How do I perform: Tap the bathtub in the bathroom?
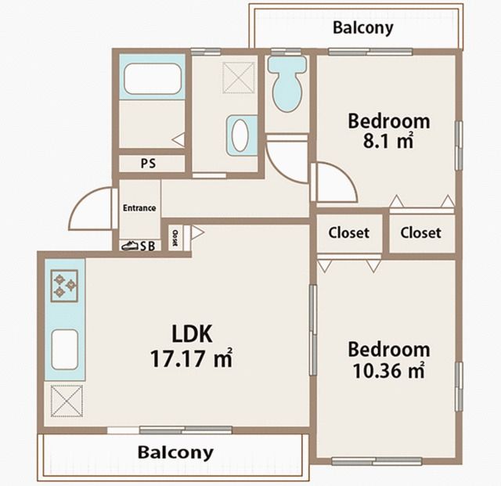153,79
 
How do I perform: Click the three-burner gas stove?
64,286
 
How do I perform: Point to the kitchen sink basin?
64,350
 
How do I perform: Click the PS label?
148,164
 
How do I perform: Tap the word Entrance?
139,208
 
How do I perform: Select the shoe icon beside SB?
130,246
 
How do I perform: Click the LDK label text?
192,334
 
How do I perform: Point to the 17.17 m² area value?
191,358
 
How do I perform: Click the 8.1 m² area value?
388,141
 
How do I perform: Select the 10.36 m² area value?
389,371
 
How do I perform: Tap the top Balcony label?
363,28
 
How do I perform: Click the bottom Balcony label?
175,452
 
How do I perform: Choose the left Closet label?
348,232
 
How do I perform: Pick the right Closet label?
420,232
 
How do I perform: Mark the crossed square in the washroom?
239,77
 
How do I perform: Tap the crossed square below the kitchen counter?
67,401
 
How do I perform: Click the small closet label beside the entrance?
175,238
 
